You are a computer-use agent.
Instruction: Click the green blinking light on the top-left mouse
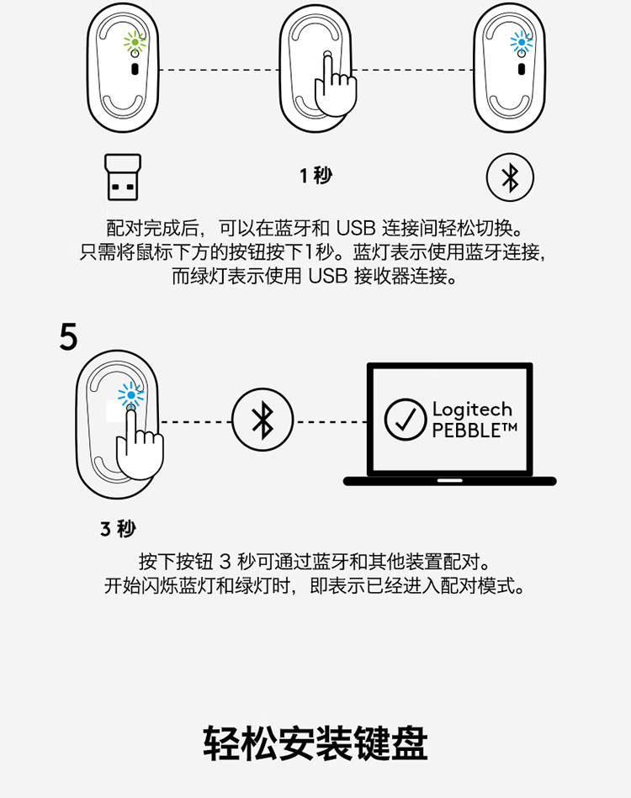pyautogui.click(x=134, y=41)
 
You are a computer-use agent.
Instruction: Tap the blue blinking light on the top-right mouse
pyautogui.click(x=521, y=42)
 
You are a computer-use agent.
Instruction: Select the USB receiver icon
pyautogui.click(x=123, y=177)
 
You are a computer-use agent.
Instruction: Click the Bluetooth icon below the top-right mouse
pyautogui.click(x=510, y=177)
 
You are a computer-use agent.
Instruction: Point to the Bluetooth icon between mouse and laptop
pyautogui.click(x=262, y=420)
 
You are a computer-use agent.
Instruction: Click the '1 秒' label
pyautogui.click(x=315, y=176)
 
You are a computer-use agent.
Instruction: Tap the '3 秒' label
pyautogui.click(x=118, y=529)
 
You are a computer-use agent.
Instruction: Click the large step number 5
pyautogui.click(x=68, y=336)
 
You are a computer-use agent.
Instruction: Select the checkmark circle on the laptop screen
pyautogui.click(x=406, y=420)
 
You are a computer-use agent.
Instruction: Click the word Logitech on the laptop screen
pyautogui.click(x=472, y=409)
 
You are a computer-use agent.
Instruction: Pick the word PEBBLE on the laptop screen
pyautogui.click(x=466, y=431)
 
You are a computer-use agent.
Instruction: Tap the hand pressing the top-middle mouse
pyautogui.click(x=335, y=84)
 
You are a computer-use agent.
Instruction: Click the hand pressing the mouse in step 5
pyautogui.click(x=139, y=444)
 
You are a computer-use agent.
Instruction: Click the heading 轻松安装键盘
pyautogui.click(x=315, y=743)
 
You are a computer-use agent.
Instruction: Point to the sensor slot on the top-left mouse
pyautogui.click(x=135, y=69)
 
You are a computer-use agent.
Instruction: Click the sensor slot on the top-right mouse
pyautogui.click(x=522, y=69)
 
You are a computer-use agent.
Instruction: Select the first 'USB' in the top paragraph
pyautogui.click(x=356, y=228)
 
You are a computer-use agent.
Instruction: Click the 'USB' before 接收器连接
pyautogui.click(x=328, y=276)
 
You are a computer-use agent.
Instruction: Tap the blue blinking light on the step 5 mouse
pyautogui.click(x=131, y=395)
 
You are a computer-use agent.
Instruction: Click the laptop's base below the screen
pyautogui.click(x=450, y=481)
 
